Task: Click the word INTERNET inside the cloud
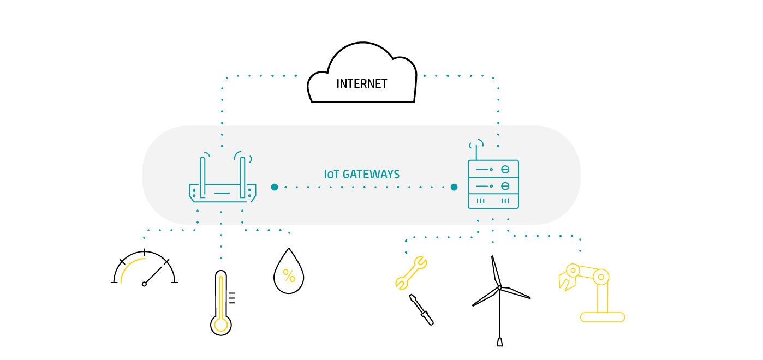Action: pyautogui.click(x=361, y=84)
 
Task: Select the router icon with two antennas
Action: pyautogui.click(x=222, y=180)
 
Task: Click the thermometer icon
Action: pyautogui.click(x=221, y=303)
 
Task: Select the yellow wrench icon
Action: pyautogui.click(x=411, y=272)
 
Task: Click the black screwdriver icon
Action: pyautogui.click(x=421, y=310)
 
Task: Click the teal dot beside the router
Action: pyautogui.click(x=275, y=187)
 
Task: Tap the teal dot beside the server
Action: pyautogui.click(x=454, y=187)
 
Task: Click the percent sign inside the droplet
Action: pyautogui.click(x=289, y=275)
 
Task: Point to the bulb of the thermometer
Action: pyautogui.click(x=221, y=325)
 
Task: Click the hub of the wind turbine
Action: pyautogui.click(x=499, y=287)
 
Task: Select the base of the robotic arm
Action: pyautogui.click(x=603, y=317)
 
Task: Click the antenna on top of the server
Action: pyautogui.click(x=476, y=149)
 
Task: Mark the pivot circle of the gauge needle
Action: pyautogui.click(x=144, y=284)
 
